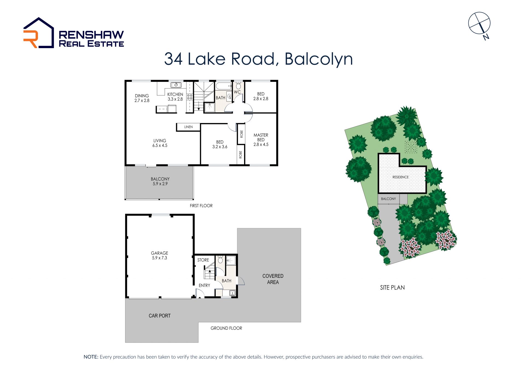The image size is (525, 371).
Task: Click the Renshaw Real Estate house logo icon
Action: click(x=39, y=33)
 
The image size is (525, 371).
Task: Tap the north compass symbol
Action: click(x=479, y=24)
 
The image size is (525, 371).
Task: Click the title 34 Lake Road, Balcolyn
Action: click(x=258, y=59)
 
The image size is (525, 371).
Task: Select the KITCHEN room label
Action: click(x=175, y=94)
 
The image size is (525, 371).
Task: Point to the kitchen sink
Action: click(x=176, y=85)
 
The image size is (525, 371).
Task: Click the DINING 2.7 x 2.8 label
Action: click(x=142, y=98)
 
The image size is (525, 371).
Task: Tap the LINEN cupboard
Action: click(x=188, y=127)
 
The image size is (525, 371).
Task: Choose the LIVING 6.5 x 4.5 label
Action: click(x=160, y=143)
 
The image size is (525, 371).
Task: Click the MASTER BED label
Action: click(x=261, y=137)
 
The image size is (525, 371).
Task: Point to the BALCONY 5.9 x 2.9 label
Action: click(x=160, y=181)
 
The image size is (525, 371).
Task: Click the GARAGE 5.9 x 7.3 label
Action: click(x=160, y=255)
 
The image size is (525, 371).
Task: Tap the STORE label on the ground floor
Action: click(x=203, y=260)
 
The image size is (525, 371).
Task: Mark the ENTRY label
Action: click(x=205, y=285)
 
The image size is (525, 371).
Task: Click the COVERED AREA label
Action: click(x=273, y=279)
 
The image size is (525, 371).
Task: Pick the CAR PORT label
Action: click(x=160, y=316)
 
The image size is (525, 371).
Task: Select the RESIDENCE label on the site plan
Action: click(x=401, y=177)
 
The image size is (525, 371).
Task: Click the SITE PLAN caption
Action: click(x=392, y=288)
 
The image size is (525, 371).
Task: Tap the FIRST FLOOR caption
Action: click(x=201, y=206)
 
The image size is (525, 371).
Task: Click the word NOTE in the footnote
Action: click(x=91, y=357)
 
